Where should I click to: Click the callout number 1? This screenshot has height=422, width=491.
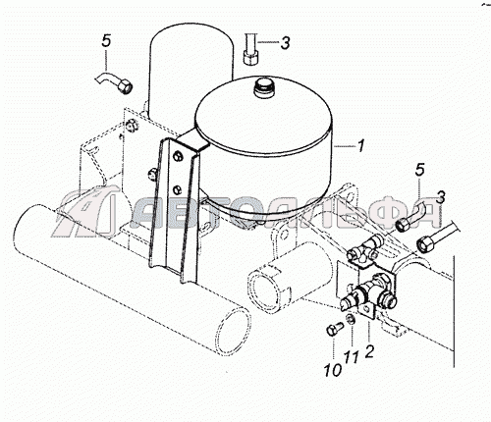coord(360,146)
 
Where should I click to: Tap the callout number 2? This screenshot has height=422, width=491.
coord(369,351)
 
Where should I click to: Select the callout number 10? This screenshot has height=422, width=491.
coord(333,370)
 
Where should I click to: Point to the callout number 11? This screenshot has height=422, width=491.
coord(352,357)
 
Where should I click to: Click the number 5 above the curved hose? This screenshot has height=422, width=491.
coord(107,41)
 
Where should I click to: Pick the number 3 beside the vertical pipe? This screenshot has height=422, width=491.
coord(286,42)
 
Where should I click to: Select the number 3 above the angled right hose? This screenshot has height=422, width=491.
coord(441,197)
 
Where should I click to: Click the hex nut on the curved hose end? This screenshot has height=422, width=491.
coord(125,87)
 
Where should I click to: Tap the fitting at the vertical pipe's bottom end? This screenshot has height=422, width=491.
coord(251,58)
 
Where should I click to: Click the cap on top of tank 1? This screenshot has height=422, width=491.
coord(263,86)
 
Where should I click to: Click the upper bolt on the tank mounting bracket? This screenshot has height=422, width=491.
coord(179,156)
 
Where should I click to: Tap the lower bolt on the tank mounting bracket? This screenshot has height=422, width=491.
coord(177,188)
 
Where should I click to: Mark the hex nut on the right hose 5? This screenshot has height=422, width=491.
coord(402,224)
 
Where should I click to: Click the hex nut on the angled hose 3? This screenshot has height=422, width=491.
coord(424,243)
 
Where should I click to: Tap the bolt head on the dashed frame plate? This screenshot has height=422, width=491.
coord(132,126)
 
